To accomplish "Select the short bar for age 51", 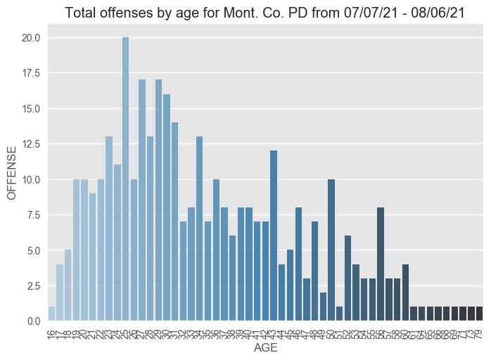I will pyautogui.click(x=339, y=314).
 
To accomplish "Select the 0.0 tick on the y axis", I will pyautogui.click(x=32, y=321).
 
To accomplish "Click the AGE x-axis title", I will pyautogui.click(x=265, y=348).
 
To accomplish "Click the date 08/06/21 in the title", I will pyautogui.click(x=439, y=12).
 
